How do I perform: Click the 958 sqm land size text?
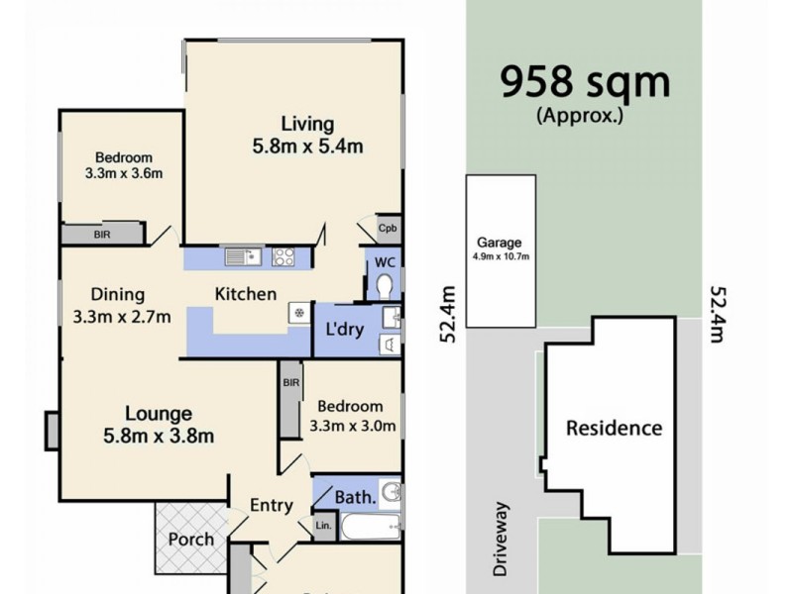(585, 83)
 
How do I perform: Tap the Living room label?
(307, 125)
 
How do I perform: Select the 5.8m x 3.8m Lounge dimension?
(159, 436)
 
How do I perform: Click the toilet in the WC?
(385, 286)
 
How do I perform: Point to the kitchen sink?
(243, 256)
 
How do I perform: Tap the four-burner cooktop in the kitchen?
(283, 256)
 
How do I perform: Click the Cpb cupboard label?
(388, 228)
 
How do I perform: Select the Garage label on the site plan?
(499, 244)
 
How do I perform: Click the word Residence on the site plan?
(614, 429)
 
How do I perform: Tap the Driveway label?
(501, 539)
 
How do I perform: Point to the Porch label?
(190, 540)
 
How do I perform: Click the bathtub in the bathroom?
(372, 527)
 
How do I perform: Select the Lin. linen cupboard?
(324, 526)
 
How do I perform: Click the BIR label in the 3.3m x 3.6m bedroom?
(102, 235)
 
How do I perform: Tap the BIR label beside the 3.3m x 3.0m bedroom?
(290, 383)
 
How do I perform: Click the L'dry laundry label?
(344, 330)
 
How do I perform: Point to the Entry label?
(272, 506)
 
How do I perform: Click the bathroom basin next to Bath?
(391, 490)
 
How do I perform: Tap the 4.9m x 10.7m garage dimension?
(501, 256)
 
